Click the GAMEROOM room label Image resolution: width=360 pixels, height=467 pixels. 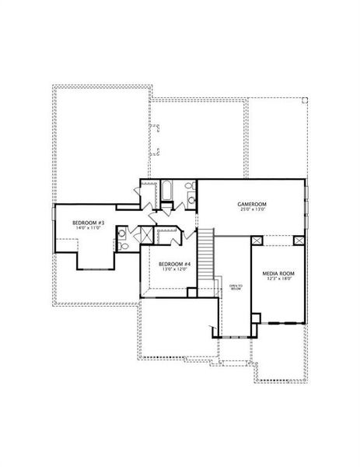pos(251,204)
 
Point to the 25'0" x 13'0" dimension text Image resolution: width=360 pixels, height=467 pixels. pos(251,210)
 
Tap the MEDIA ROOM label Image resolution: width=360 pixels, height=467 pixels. pos(278,274)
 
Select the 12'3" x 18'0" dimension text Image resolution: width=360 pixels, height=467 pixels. pos(278,280)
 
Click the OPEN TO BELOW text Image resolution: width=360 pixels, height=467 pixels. pos(235,288)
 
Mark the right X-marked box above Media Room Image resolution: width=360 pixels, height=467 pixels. pos(297,241)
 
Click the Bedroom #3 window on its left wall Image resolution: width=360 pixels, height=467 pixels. pos(54,230)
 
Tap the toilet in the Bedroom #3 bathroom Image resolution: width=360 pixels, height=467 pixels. pos(123,244)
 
